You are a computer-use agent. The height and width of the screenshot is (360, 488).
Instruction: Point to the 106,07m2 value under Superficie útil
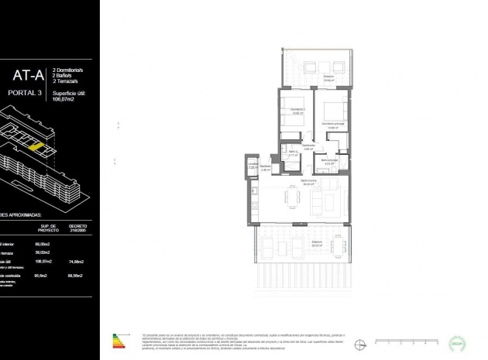66,99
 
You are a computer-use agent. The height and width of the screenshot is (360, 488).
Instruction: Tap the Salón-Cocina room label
309,183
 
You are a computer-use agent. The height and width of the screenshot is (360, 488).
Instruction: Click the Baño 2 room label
293,153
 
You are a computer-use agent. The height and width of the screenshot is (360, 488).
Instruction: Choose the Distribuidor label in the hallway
308,146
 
